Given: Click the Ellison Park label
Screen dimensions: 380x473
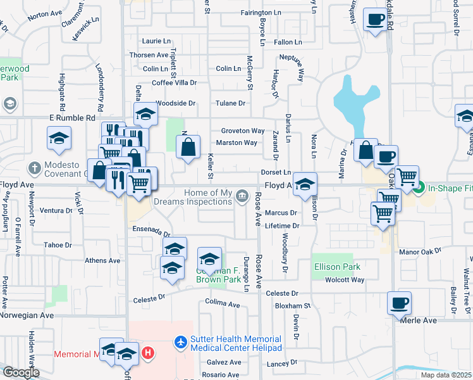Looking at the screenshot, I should tap(337, 267).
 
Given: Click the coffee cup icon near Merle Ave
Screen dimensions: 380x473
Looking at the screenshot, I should tap(399, 303).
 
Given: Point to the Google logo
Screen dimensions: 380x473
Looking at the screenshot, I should tap(20, 372).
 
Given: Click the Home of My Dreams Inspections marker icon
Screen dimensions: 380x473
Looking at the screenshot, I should tap(241, 197).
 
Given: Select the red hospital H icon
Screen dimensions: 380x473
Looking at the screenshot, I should tap(148, 351).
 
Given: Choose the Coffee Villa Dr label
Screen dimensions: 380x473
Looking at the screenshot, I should tap(175, 82).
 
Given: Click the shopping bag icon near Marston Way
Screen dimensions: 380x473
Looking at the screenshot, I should tap(188, 148).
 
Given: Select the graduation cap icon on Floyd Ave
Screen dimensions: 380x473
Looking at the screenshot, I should tap(305, 184).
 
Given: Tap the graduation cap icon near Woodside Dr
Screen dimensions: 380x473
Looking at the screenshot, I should tap(145, 114).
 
